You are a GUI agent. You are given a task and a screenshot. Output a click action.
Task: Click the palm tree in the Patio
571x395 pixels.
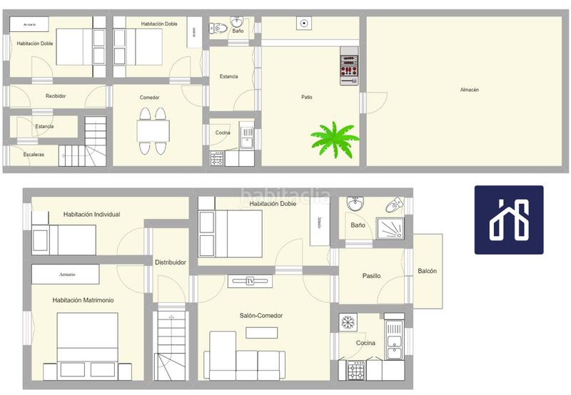334,137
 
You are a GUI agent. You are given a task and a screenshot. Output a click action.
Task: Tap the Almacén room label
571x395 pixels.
469,90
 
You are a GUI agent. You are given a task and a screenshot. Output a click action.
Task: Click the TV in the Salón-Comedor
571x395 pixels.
250,281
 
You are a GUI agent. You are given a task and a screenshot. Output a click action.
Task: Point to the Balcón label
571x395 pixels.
428,271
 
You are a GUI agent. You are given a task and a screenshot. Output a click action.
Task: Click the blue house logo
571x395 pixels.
509,220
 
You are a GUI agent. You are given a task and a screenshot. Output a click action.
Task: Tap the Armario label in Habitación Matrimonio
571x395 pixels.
65,274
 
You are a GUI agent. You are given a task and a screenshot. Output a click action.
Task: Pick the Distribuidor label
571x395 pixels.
171,262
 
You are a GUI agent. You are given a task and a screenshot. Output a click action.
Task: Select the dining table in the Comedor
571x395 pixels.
153,131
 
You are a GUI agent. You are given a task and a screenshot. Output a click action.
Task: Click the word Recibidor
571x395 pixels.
56,96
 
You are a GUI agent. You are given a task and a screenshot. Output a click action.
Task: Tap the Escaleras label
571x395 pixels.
34,154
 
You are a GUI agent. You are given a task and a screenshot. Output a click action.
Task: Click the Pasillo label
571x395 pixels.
371,276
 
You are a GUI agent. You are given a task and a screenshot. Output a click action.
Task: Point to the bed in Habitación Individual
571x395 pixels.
64,240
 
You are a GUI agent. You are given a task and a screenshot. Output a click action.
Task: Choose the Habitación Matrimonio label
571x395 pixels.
83,300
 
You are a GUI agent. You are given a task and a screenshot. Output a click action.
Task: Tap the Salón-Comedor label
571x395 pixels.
261,316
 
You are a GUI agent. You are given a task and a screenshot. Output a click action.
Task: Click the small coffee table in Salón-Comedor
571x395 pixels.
262,332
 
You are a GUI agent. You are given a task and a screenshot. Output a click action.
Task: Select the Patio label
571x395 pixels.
306,97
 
